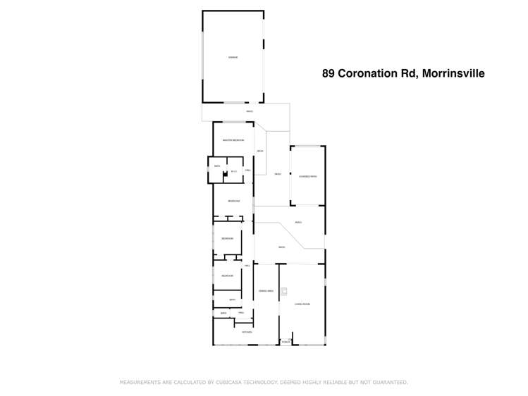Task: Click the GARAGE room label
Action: coord(233,57)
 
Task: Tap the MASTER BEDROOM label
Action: coord(233,140)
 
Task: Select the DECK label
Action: coord(260,151)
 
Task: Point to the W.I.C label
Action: coord(233,171)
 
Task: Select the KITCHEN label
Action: coord(247,331)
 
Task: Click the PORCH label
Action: coord(286,342)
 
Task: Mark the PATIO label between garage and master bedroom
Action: coord(250,112)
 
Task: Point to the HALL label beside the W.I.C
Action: coord(247,171)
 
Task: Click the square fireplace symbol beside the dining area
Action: coord(283,291)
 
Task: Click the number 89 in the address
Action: coord(328,73)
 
